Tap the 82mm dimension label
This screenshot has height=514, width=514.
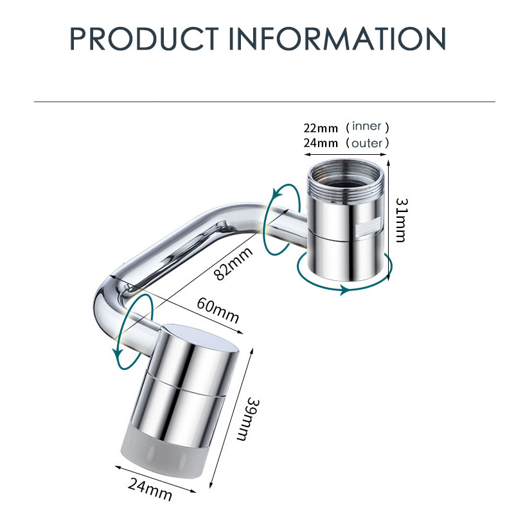click(x=231, y=263)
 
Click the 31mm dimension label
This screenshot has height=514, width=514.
click(x=400, y=219)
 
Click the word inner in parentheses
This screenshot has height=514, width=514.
click(x=367, y=127)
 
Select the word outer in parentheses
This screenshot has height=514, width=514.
click(x=367, y=143)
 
